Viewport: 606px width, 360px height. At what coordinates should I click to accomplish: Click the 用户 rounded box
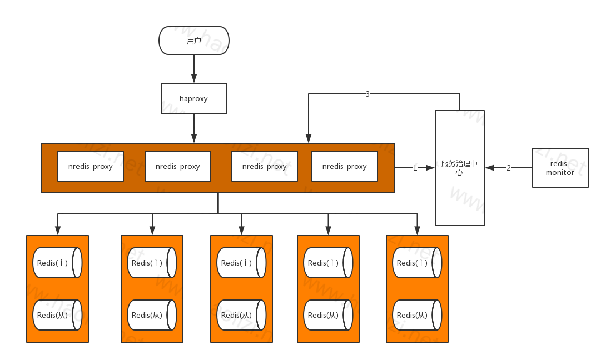[194, 41]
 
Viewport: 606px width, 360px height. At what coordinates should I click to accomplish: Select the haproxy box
[194, 98]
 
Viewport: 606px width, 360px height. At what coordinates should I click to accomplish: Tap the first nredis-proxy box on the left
[91, 166]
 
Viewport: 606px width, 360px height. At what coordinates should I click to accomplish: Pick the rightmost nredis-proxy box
[345, 166]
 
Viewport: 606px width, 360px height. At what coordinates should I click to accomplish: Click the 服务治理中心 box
[459, 168]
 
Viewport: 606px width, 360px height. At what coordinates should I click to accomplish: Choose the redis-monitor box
[560, 168]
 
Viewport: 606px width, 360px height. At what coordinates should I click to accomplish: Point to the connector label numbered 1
[415, 168]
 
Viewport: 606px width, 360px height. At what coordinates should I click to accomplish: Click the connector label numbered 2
[508, 168]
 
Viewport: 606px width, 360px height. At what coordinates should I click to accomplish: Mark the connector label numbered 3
[367, 94]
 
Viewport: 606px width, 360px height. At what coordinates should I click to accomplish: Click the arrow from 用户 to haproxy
[194, 69]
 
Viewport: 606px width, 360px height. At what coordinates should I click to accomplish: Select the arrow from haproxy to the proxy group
[194, 128]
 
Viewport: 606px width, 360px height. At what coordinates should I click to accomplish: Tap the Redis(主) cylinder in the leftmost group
[57, 263]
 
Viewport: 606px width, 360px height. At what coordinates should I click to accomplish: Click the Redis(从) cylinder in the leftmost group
[57, 315]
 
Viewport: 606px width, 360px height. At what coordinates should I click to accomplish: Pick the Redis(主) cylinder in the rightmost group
[417, 263]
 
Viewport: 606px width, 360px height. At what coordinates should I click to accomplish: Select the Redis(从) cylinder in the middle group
[241, 315]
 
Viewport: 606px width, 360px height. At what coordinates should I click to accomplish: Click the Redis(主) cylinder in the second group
[152, 263]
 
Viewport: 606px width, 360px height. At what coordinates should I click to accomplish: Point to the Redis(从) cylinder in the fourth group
[328, 315]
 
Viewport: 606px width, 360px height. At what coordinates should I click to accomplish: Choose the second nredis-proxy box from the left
[178, 166]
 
